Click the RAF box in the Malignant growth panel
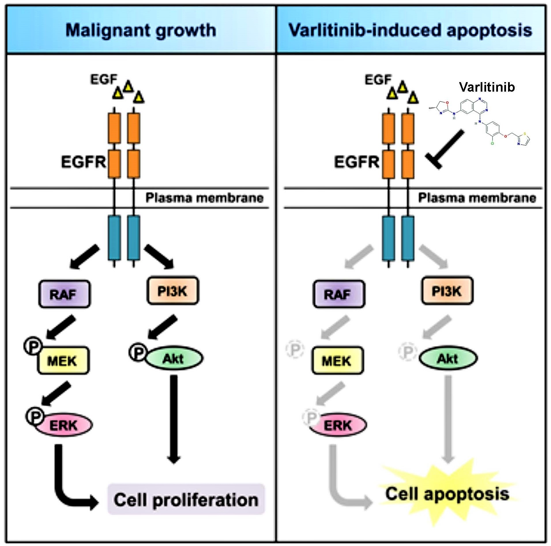tap(64, 294)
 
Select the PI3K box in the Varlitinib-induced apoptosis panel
tap(447, 291)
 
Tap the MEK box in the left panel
tap(63, 360)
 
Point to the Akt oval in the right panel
tap(448, 358)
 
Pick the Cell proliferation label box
tap(186, 500)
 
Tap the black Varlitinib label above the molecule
tap(487, 87)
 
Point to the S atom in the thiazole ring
tap(525, 134)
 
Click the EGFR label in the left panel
tap(83, 162)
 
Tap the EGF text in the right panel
tap(378, 80)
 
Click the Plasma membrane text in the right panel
tap(477, 198)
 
